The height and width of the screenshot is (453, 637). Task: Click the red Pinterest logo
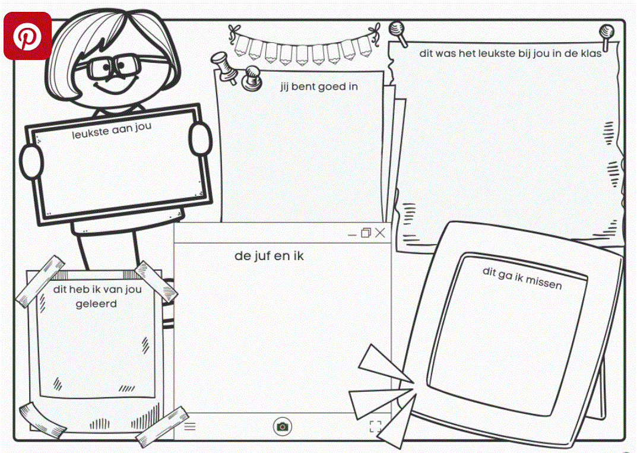(x=28, y=36)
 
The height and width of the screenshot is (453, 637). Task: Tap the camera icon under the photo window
(x=283, y=427)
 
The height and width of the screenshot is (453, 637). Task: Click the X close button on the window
(x=381, y=233)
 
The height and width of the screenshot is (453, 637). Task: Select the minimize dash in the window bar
(x=352, y=235)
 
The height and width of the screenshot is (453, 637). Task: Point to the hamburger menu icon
(x=190, y=426)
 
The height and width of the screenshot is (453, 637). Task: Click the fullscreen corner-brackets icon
(x=375, y=426)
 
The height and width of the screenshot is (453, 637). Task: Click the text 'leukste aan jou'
(x=112, y=130)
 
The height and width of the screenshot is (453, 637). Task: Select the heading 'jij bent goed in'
(x=319, y=87)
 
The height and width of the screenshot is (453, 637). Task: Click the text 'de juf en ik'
(x=269, y=256)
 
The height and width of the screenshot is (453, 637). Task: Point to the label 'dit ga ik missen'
(x=522, y=278)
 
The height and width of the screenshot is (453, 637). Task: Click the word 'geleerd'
(x=96, y=304)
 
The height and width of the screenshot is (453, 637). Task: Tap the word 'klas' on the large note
(x=591, y=53)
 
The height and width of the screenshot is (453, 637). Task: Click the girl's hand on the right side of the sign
(x=200, y=140)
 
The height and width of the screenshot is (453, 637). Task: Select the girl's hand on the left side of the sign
(x=31, y=162)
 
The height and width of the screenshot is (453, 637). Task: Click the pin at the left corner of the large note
(x=397, y=33)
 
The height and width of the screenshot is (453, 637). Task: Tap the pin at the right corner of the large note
(x=607, y=36)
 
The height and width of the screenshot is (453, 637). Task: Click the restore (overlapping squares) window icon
(x=366, y=233)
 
